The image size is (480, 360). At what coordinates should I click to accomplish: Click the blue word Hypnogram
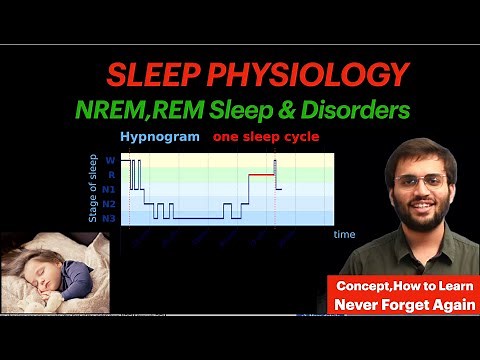point(160,137)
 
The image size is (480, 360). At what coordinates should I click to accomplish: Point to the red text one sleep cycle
point(266,137)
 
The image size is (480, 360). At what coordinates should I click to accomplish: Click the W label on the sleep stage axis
point(110,160)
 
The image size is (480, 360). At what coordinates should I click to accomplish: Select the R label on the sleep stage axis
point(110,174)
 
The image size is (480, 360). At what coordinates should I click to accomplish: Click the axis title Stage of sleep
point(93,188)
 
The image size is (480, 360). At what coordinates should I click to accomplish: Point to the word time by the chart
point(344,234)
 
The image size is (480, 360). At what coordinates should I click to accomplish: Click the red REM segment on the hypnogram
point(262,175)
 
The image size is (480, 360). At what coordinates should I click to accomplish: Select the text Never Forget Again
point(405,304)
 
